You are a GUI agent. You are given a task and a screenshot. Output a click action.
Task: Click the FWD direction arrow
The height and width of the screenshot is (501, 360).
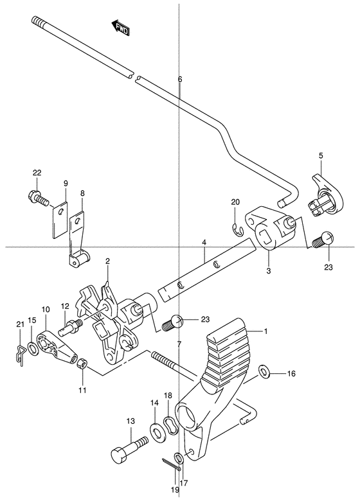coord(120,28)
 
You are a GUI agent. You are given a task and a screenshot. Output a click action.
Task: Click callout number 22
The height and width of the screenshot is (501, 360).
coord(37,173)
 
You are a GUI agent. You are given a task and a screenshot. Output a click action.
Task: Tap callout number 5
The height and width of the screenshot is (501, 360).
coord(321,155)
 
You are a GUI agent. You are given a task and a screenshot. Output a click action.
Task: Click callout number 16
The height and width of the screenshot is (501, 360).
coord(291,373)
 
